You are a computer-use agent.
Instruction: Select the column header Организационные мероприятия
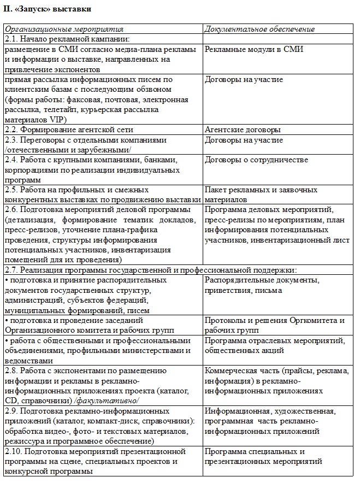(64, 29)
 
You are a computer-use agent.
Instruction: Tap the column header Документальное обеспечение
(260, 29)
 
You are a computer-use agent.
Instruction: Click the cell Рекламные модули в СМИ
(254, 50)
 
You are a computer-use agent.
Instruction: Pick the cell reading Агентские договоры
(243, 130)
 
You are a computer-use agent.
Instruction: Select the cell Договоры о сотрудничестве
(256, 160)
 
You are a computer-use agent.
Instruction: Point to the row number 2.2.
(11, 130)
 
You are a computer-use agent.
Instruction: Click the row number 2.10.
(14, 452)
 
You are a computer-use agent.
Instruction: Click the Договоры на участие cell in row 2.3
(244, 140)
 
